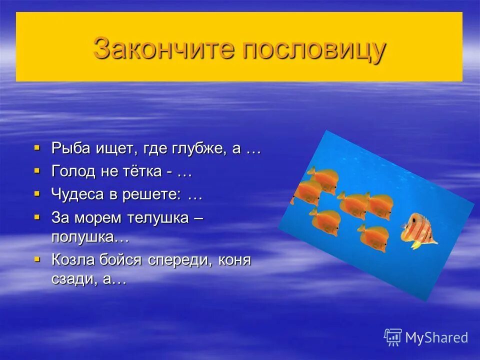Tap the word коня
(x=234, y=260)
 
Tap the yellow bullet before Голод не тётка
(x=36, y=171)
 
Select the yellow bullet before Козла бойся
(x=36, y=259)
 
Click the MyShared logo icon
(x=392, y=337)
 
